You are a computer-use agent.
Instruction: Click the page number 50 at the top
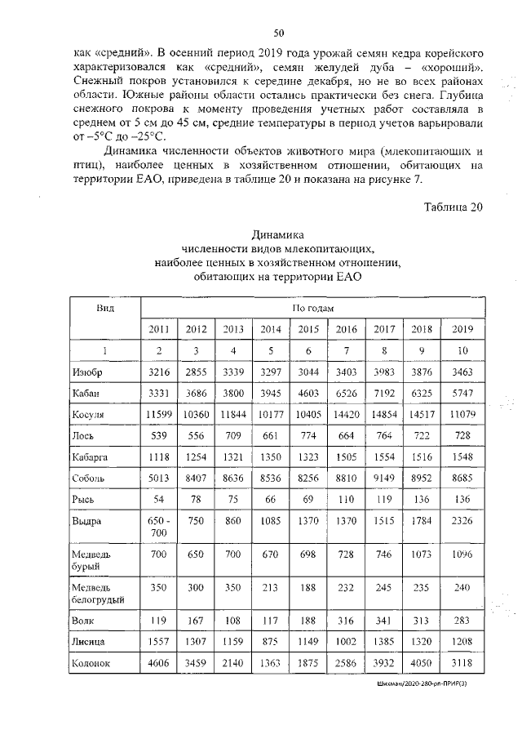[x=278, y=33]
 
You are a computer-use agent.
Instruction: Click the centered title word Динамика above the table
[x=277, y=234]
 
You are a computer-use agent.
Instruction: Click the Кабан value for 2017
[x=384, y=394]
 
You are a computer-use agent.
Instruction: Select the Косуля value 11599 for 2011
[x=159, y=415]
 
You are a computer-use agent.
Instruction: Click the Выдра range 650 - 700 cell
[x=159, y=527]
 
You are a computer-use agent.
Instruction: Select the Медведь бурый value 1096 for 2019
[x=462, y=564]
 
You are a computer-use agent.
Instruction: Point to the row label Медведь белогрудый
[x=98, y=594]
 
